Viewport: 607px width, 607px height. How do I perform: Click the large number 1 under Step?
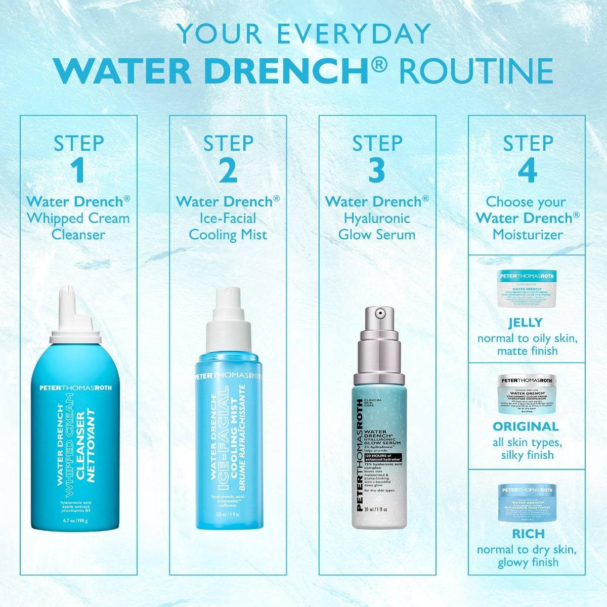point(78,171)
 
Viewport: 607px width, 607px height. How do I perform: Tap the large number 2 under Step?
point(228,171)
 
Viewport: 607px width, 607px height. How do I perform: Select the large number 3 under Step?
point(377,171)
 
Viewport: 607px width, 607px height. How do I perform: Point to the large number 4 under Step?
point(528,171)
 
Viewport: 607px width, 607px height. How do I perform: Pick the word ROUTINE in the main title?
point(476,71)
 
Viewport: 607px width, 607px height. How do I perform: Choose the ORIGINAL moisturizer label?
point(526,426)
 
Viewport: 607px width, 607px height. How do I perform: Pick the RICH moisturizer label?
point(528,534)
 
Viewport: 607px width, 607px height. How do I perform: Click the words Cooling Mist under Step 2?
point(228,235)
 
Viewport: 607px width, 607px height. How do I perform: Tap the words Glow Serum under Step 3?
point(377,235)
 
